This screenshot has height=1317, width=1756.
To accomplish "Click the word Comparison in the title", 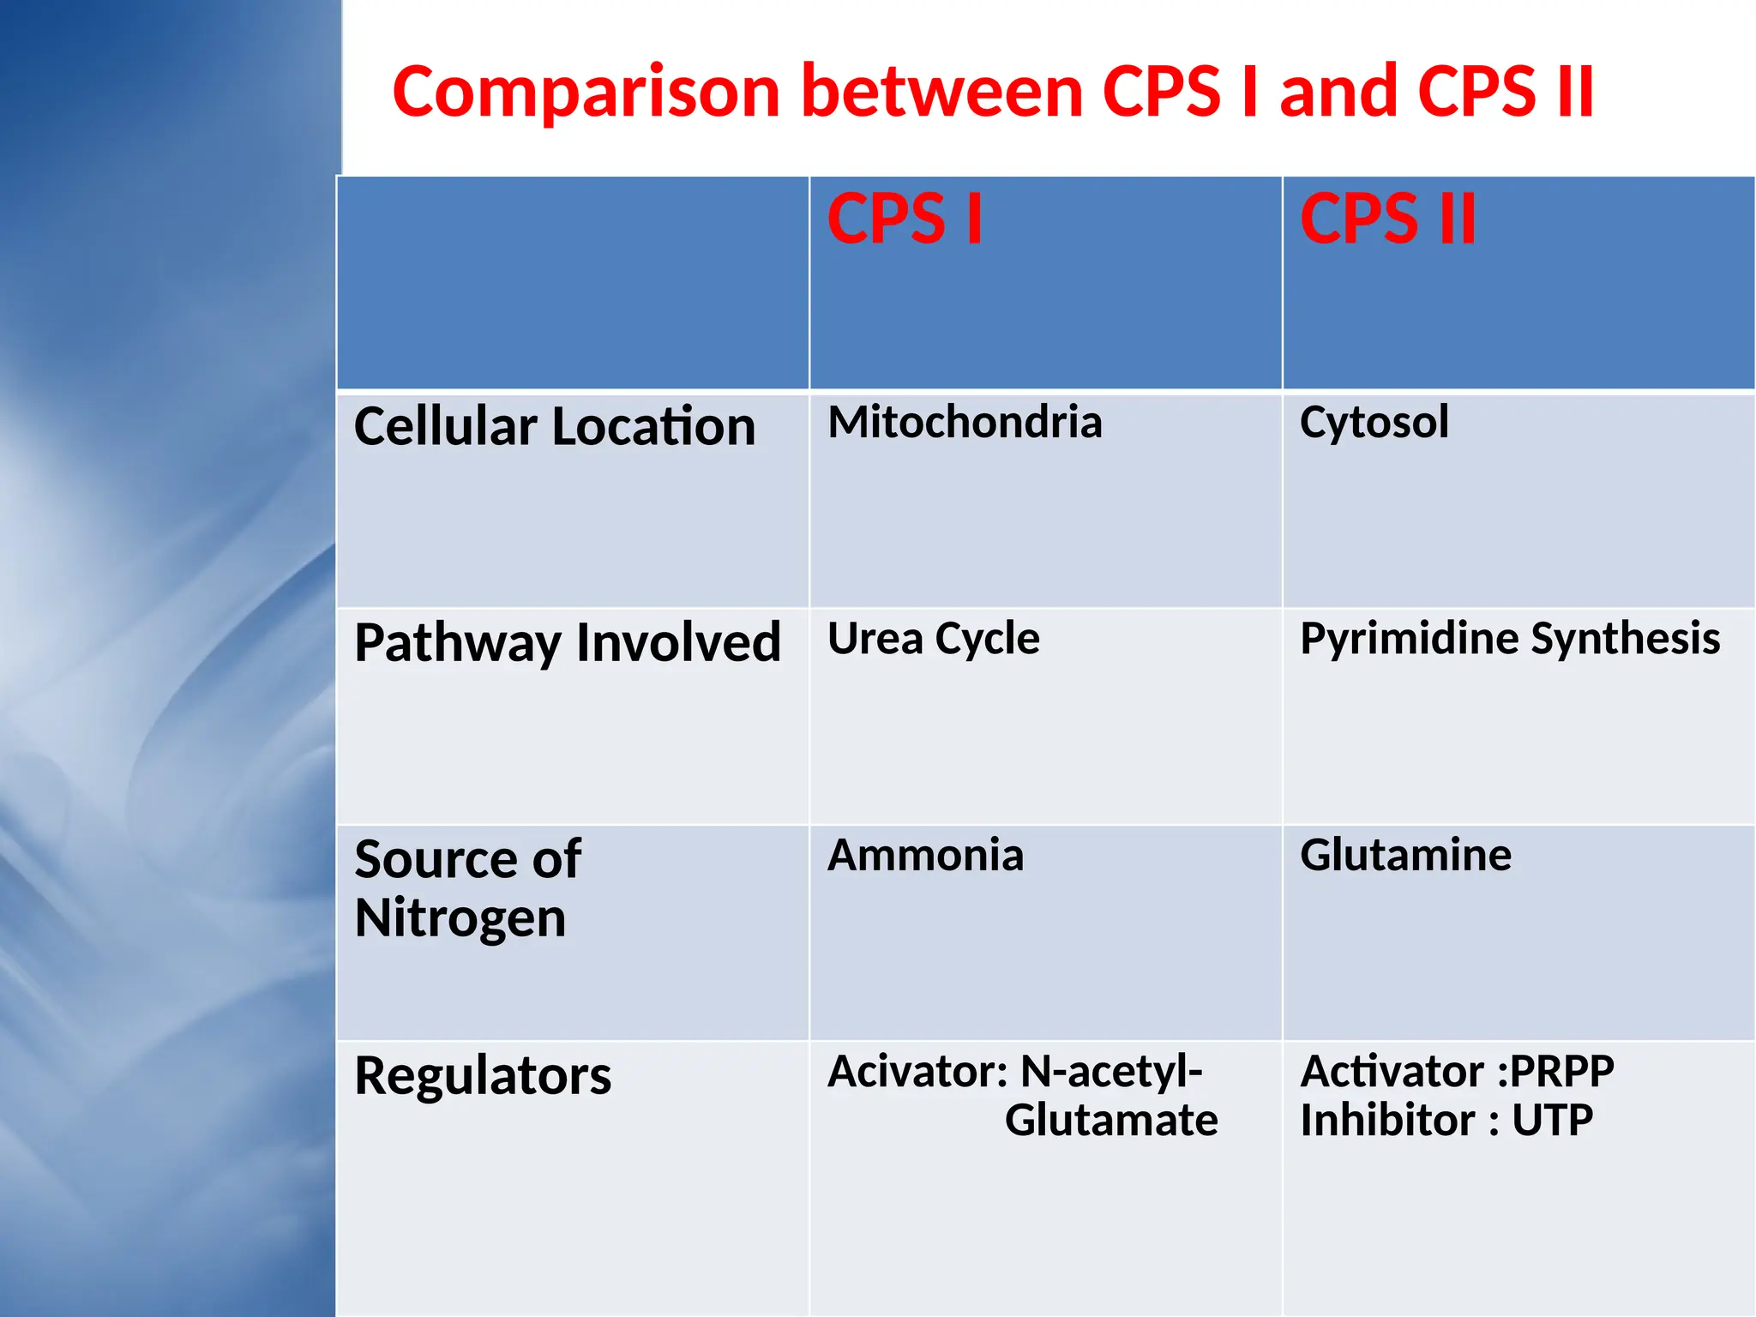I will point(586,93).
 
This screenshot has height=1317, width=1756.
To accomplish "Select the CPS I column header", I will point(905,219).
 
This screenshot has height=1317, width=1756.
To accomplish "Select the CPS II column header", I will point(1388,219).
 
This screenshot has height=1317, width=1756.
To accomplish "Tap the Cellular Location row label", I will point(555,426).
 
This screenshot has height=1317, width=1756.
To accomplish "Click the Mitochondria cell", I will point(965,422).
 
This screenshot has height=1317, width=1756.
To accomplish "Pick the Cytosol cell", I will point(1374,423).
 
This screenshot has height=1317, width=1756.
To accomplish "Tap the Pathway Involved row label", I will point(567,642).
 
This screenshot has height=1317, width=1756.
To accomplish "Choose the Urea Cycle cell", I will point(933,639).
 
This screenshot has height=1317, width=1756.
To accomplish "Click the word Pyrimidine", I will point(1410,639).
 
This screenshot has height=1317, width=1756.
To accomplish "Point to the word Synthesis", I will point(1626,639).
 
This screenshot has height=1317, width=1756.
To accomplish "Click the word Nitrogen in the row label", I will point(460,918).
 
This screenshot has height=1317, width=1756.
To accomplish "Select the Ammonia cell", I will point(925,855).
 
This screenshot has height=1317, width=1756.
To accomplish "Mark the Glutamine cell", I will point(1405,855).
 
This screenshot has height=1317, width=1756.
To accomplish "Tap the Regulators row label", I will point(483,1075).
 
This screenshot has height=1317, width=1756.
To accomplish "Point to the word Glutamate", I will point(1111,1120).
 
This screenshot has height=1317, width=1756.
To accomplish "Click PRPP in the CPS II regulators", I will point(1561,1071).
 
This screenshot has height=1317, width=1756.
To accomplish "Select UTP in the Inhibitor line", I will point(1552,1120).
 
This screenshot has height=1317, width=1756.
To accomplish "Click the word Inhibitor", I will point(1387,1120).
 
